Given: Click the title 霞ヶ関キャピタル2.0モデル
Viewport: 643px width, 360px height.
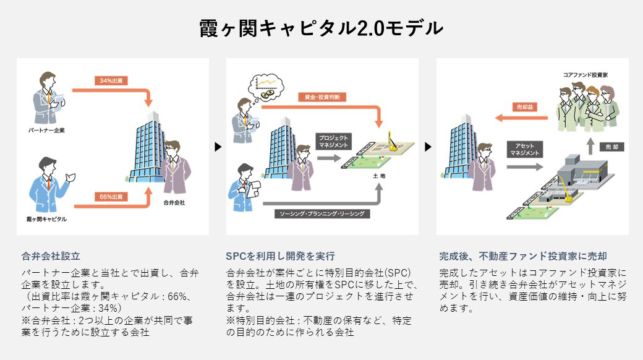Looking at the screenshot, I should coord(321,28).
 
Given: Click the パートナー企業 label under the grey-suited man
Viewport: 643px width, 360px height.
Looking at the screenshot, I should coord(46,131).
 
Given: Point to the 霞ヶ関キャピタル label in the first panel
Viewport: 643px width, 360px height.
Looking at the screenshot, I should coord(48,219).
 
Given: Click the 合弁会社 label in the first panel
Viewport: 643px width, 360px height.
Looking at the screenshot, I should coord(174,202).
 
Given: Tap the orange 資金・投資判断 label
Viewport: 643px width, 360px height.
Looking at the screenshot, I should coord(321,97).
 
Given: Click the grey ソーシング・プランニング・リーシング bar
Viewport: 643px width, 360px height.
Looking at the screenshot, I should coord(321,213).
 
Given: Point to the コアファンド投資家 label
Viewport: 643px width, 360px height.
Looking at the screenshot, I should coord(586,74).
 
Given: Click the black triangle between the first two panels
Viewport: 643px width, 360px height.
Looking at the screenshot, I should coord(217,147).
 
